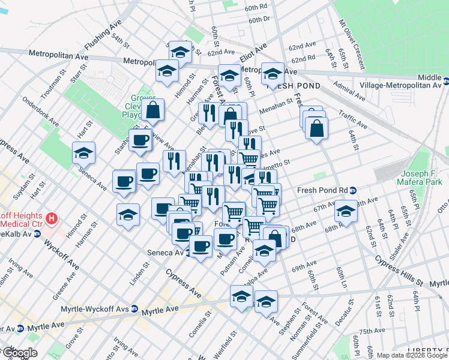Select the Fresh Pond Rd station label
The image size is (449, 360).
[x=322, y=190]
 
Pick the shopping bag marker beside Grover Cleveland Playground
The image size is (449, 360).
[x=154, y=110]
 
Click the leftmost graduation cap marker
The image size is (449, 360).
[x=83, y=153]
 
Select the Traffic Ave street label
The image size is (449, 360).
[x=353, y=118]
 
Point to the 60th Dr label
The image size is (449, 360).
[x=260, y=20]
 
